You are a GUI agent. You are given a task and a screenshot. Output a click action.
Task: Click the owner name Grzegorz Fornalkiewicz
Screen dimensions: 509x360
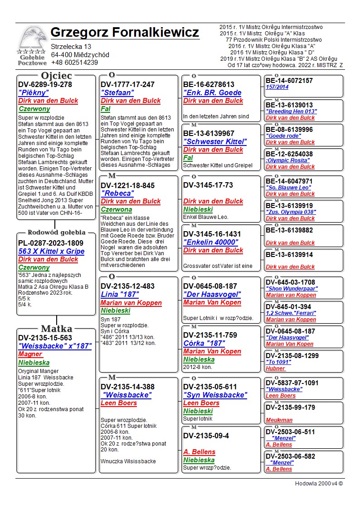[x=125, y=33]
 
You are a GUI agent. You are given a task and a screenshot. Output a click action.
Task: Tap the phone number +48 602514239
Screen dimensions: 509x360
[x=74, y=63]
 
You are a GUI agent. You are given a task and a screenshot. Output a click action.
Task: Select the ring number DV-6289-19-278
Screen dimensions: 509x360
[x=45, y=84]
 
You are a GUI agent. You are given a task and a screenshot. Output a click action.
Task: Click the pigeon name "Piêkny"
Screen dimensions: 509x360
[x=34, y=93]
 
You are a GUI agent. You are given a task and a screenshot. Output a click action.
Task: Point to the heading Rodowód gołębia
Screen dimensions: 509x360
[x=56, y=233]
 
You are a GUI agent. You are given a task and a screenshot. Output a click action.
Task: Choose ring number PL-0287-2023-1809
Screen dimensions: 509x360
[x=51, y=243]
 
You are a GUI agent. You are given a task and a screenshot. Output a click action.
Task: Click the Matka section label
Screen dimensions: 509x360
[x=56, y=329]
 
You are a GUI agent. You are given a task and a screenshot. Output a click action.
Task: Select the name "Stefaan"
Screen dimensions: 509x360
[x=117, y=92]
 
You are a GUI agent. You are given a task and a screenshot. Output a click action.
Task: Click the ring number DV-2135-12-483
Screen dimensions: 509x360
[x=127, y=286]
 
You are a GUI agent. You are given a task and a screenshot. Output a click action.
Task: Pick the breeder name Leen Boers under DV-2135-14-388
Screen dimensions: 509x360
[x=118, y=403]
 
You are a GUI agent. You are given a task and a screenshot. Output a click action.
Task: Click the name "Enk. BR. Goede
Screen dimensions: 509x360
[x=212, y=92]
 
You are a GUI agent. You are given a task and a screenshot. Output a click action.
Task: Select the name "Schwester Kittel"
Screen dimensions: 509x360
[x=214, y=141]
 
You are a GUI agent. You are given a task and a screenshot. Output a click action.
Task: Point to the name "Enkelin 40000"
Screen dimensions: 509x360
[x=210, y=242]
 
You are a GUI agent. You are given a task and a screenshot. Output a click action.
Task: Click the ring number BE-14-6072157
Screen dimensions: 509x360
[x=289, y=81]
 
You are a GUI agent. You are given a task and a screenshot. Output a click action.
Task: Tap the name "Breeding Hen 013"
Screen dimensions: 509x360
[x=291, y=111]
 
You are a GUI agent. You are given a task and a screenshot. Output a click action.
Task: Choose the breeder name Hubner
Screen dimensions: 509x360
[x=275, y=368]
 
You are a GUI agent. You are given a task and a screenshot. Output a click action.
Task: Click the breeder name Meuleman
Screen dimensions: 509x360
[x=279, y=420]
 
